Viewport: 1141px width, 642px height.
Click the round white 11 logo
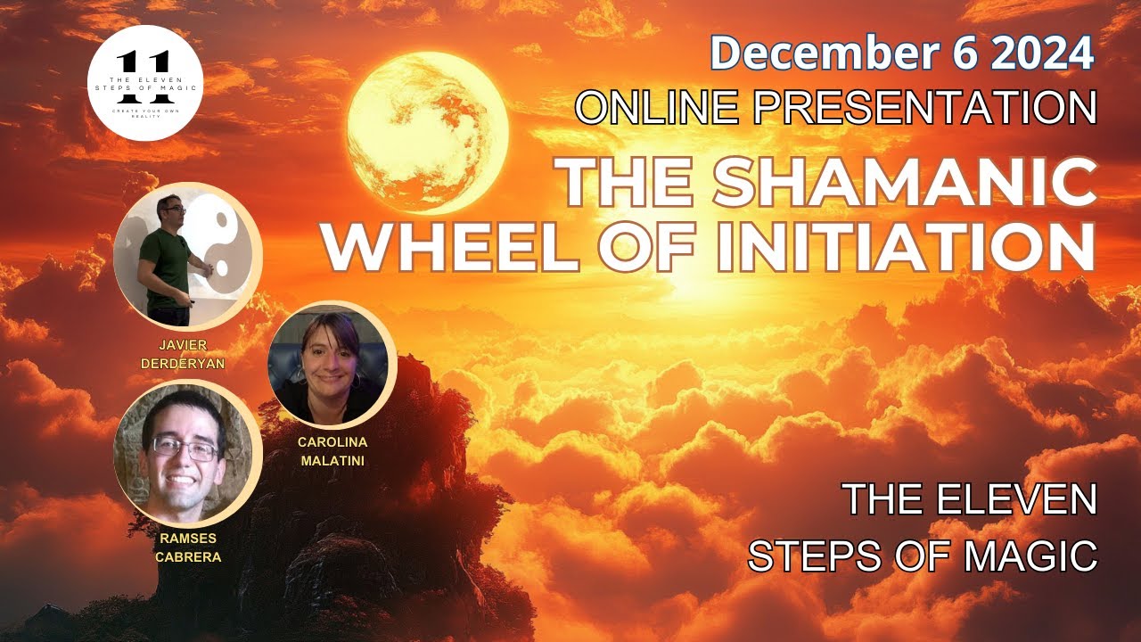(145, 82)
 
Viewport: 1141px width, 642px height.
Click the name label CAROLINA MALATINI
(333, 451)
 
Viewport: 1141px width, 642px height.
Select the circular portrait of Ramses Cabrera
(187, 454)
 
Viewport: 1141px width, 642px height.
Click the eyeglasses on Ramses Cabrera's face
(185, 448)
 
